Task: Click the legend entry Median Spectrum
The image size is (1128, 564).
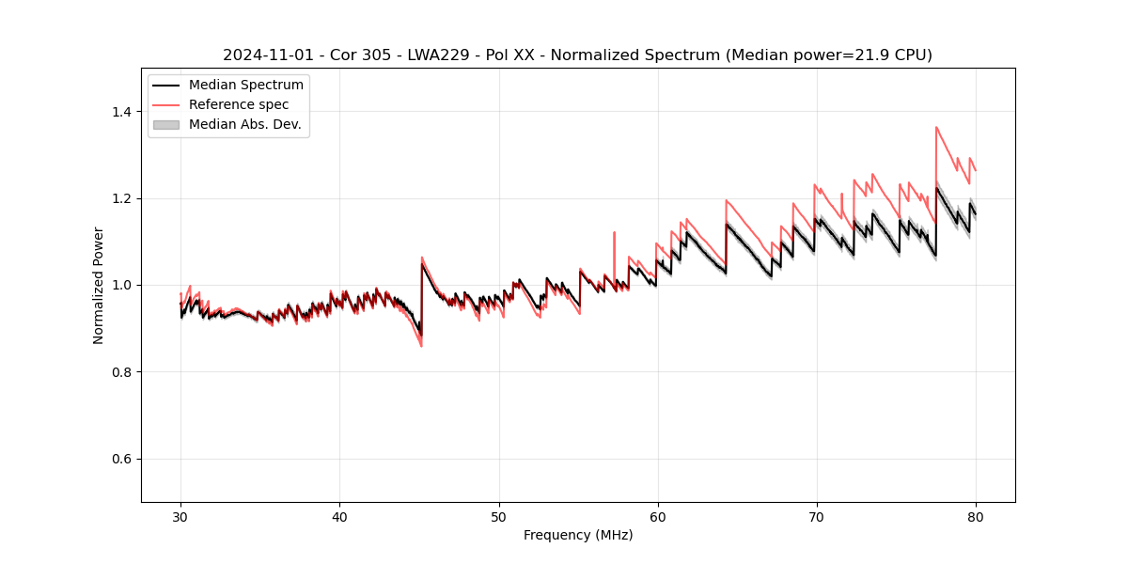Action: click(x=245, y=86)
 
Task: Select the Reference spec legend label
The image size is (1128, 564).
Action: click(x=239, y=104)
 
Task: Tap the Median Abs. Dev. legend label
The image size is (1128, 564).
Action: click(x=244, y=124)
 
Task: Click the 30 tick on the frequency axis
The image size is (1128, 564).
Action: click(x=180, y=517)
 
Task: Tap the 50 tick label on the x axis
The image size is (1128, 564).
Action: click(x=498, y=517)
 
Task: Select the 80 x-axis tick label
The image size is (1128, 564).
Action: click(x=975, y=517)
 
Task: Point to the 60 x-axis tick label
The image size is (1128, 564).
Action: click(x=657, y=517)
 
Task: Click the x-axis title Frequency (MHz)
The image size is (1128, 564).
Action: click(x=578, y=535)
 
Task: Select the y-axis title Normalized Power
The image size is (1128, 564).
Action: click(x=99, y=285)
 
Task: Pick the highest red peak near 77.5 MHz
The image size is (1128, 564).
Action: click(x=936, y=127)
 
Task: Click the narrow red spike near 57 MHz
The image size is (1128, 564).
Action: click(x=614, y=233)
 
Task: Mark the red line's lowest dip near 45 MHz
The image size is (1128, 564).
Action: click(x=420, y=346)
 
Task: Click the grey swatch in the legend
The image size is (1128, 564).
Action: click(x=165, y=124)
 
